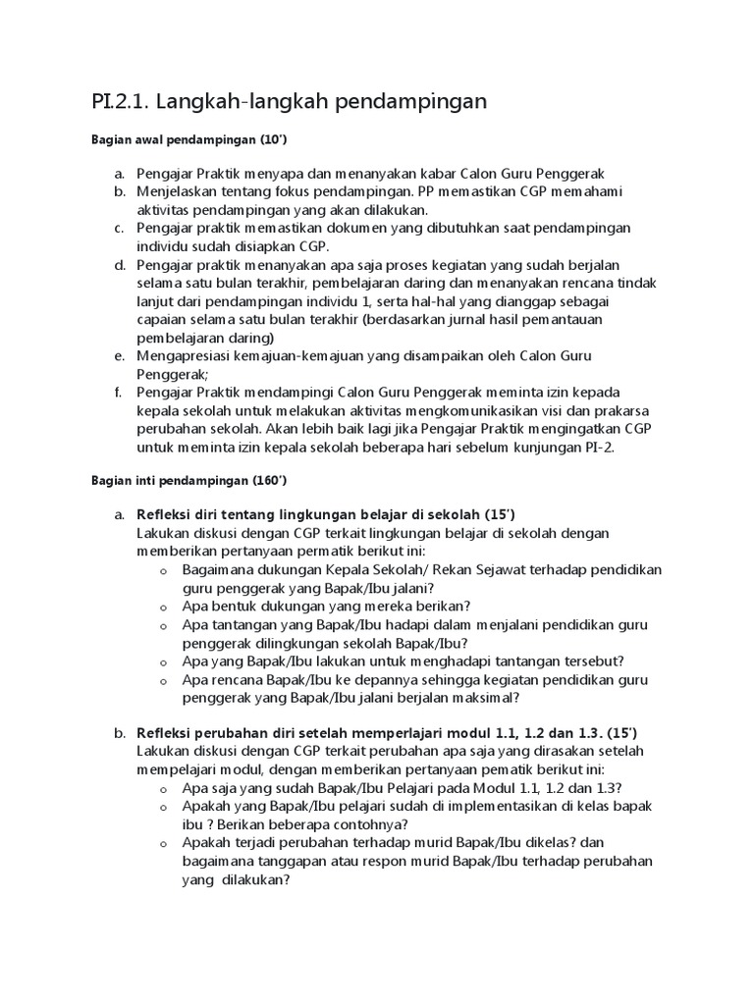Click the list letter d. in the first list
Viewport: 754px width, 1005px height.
[x=119, y=265]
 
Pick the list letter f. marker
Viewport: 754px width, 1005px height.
[x=118, y=393]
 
